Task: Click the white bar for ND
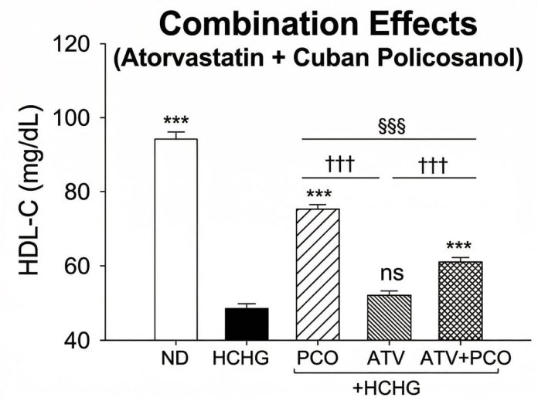pos(176,240)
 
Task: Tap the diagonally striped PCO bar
pos(318,274)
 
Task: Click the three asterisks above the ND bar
pos(176,121)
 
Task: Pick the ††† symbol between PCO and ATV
pos(341,164)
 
